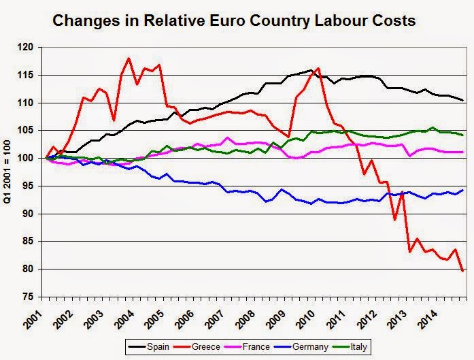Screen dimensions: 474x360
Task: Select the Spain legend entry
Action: pyautogui.click(x=149, y=346)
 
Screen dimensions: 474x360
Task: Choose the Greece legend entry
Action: pyautogui.click(x=197, y=346)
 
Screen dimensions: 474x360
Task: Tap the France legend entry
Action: pyautogui.click(x=248, y=346)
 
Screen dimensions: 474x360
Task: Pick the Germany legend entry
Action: pyautogui.click(x=301, y=346)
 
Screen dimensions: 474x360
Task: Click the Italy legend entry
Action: pyautogui.click(x=350, y=346)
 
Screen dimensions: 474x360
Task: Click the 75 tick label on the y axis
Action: pyautogui.click(x=29, y=297)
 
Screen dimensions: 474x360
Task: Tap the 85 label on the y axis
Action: pyautogui.click(x=29, y=242)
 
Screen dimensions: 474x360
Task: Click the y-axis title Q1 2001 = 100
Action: pyautogui.click(x=7, y=171)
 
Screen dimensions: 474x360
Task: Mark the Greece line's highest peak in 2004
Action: pyautogui.click(x=129, y=58)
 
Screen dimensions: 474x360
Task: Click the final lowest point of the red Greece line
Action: pyautogui.click(x=462, y=271)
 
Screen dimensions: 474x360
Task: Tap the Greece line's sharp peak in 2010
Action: pyautogui.click(x=318, y=68)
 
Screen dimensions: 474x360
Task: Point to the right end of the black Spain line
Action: pyautogui.click(x=463, y=100)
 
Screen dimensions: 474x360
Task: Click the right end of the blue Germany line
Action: pyautogui.click(x=463, y=190)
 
